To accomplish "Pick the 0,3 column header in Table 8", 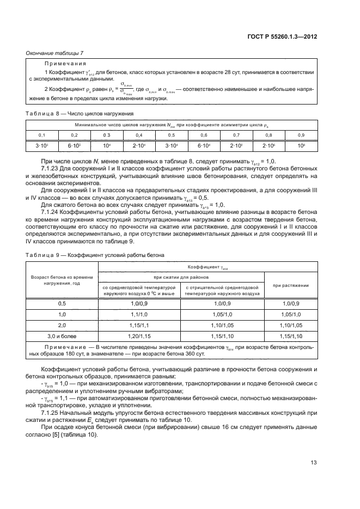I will click(107, 134).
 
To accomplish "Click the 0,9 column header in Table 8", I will click(301, 134).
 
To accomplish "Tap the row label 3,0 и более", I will click(62, 336).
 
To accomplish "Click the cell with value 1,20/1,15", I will click(139, 336).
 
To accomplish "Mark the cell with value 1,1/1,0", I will click(139, 314).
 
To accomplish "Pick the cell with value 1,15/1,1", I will click(139, 325).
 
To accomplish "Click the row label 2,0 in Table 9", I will click(62, 325).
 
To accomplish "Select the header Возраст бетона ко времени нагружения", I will click(62, 281).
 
